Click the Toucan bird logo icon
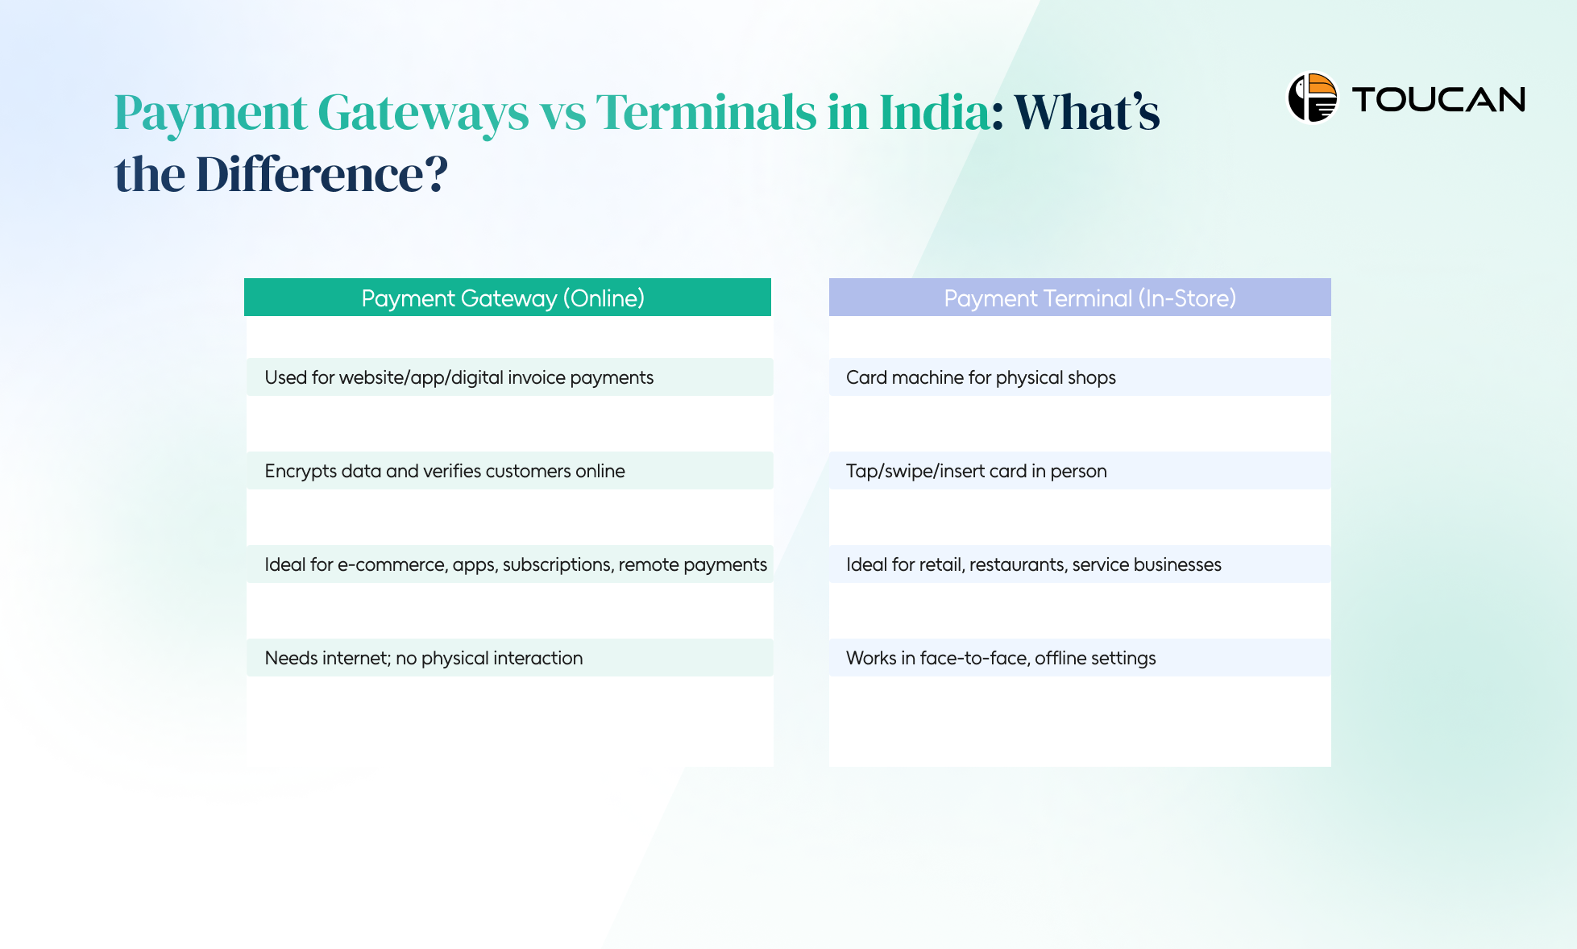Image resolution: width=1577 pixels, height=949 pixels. [x=1312, y=98]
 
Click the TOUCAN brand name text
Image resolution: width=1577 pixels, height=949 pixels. [x=1438, y=100]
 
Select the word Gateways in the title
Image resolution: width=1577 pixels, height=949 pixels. [x=423, y=112]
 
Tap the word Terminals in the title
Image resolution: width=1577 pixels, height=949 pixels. [x=706, y=112]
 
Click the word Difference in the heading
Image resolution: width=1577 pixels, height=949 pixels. [x=309, y=174]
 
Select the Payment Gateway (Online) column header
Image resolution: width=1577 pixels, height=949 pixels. [x=503, y=298]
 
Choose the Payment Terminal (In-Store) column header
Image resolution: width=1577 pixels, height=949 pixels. [x=1089, y=298]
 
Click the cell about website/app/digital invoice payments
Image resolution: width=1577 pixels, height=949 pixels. [x=459, y=377]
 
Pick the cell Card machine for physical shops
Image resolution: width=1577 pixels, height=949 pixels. [x=981, y=377]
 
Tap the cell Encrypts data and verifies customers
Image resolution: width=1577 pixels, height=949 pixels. [x=445, y=471]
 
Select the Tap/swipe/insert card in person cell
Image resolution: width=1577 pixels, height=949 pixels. [x=976, y=471]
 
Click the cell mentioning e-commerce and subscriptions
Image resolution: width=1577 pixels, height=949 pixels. [x=515, y=564]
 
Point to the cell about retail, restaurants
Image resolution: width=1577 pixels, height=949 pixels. [x=1033, y=564]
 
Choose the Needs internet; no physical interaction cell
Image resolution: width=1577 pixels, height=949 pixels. [x=423, y=658]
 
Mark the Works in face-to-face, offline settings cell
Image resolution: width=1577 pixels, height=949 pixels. [x=1000, y=658]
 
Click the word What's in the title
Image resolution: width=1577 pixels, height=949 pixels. [x=1086, y=112]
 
